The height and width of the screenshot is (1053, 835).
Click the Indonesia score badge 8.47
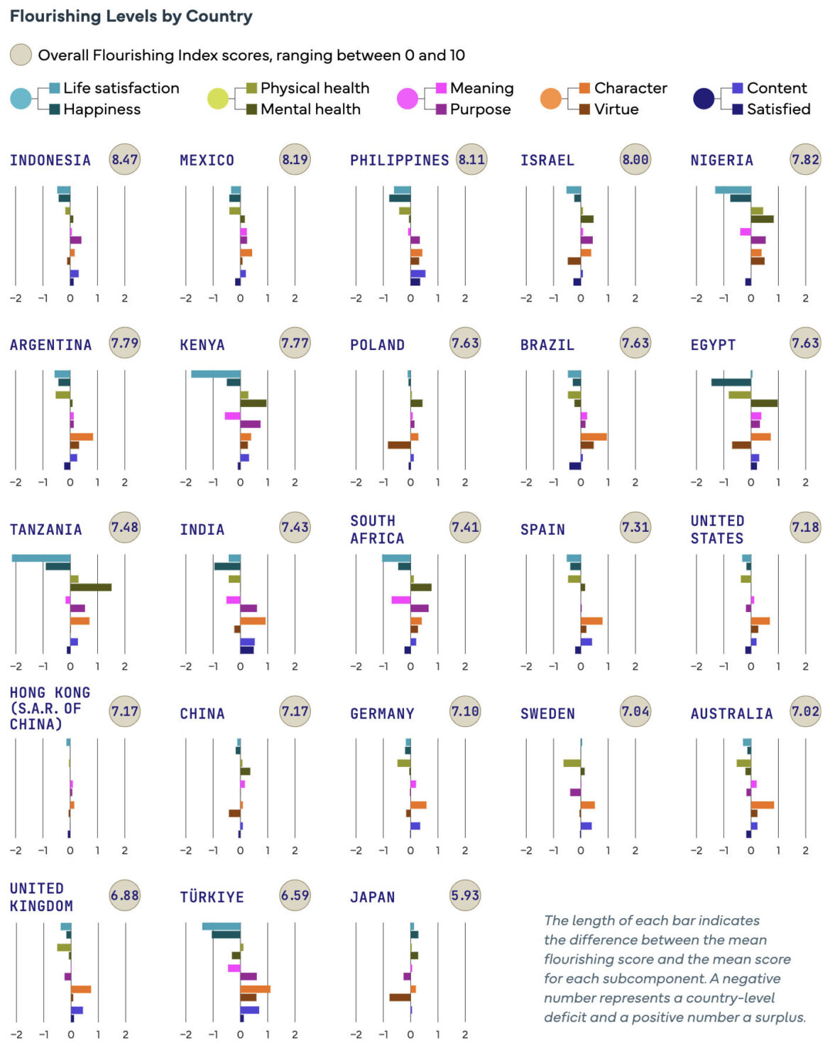pos(125,159)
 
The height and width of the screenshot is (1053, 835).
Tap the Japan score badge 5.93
pos(465,895)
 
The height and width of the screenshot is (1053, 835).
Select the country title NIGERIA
pos(721,160)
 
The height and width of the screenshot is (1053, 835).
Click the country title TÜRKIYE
pos(212,897)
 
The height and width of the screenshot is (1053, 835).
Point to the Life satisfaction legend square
pos(55,88)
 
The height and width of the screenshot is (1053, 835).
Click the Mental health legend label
pos(310,109)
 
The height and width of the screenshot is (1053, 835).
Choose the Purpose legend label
pos(480,109)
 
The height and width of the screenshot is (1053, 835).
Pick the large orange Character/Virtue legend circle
pos(551,99)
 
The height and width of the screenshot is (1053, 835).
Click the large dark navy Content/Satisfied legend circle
pos(704,99)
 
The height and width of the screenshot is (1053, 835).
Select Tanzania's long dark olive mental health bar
pos(91,587)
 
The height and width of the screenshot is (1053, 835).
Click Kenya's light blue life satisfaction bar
pos(216,374)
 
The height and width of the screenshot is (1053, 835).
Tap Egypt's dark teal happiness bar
pos(731,383)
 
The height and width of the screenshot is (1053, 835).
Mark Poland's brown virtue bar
pos(399,445)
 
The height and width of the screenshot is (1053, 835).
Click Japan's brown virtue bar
pos(400,998)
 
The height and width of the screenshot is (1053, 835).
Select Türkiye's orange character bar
pos(255,989)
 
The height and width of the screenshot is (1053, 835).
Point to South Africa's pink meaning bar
pos(401,600)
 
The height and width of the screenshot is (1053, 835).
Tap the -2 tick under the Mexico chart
pos(185,298)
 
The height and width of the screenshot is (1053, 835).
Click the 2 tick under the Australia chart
pos(805,851)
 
